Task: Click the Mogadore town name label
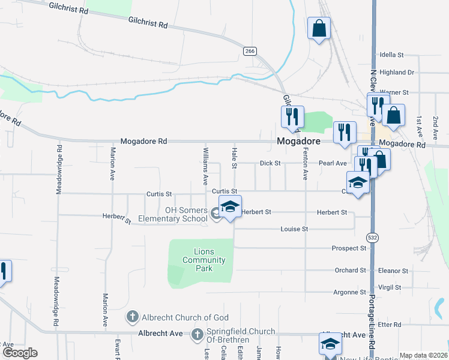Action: (x=297, y=141)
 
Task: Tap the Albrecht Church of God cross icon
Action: (x=132, y=316)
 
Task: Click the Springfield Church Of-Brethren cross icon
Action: (x=197, y=334)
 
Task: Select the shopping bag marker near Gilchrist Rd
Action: (x=319, y=28)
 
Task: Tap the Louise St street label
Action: (x=294, y=229)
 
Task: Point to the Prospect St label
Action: (x=349, y=248)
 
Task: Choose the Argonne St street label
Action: (x=349, y=292)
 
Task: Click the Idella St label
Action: (x=391, y=55)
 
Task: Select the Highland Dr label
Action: (x=397, y=73)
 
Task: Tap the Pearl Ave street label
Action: (x=333, y=163)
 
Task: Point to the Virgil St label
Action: (x=390, y=287)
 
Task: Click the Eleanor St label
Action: (x=393, y=271)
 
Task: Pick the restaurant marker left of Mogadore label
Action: (x=293, y=118)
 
